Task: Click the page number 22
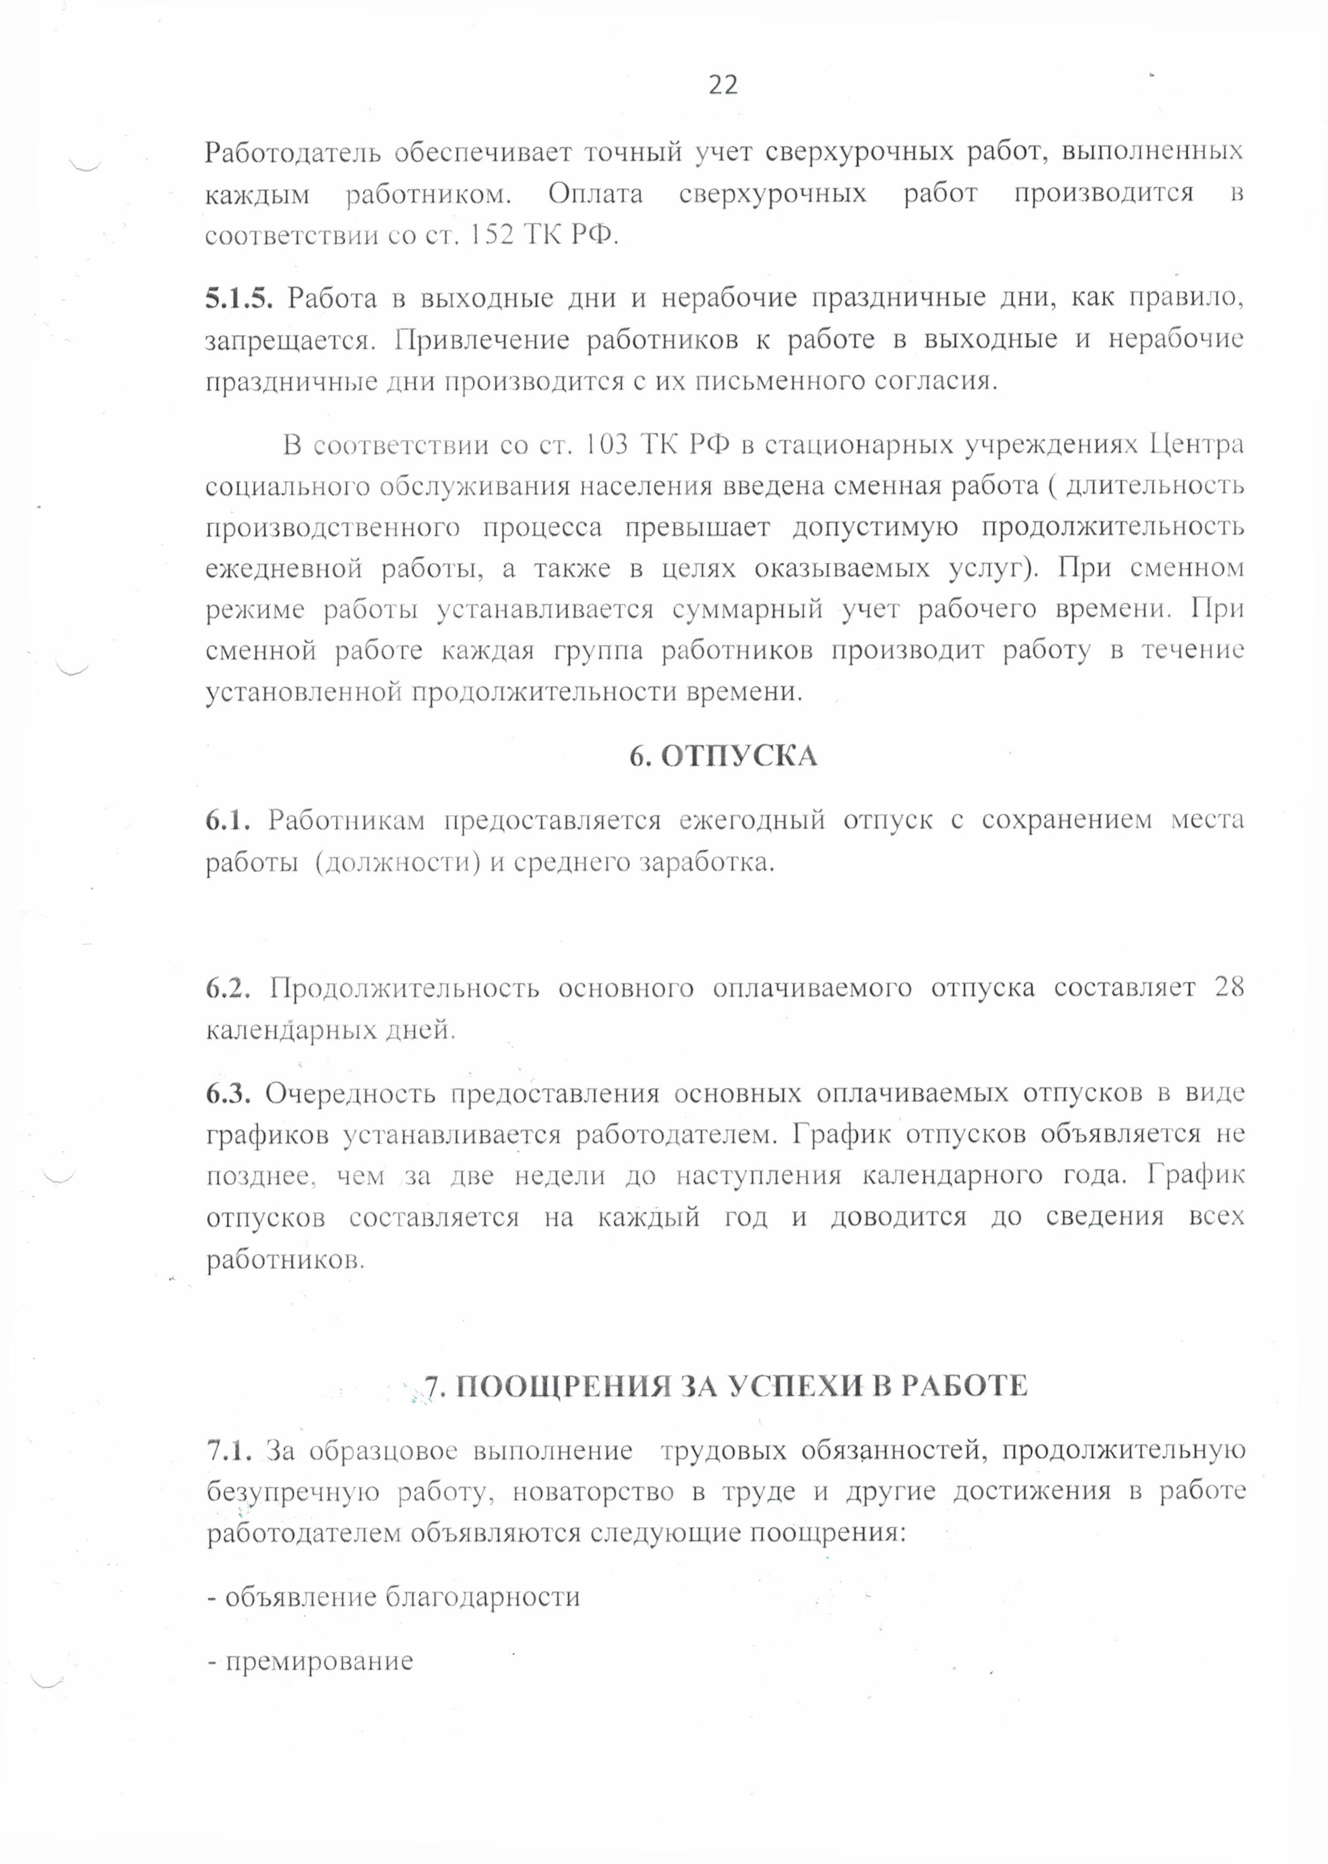pos(723,85)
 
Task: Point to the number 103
pos(606,445)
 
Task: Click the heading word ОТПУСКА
pos(739,756)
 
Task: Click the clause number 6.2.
pos(228,988)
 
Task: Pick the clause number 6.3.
pos(228,1093)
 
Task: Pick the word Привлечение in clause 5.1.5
pos(482,340)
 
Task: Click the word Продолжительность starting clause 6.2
pos(405,988)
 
